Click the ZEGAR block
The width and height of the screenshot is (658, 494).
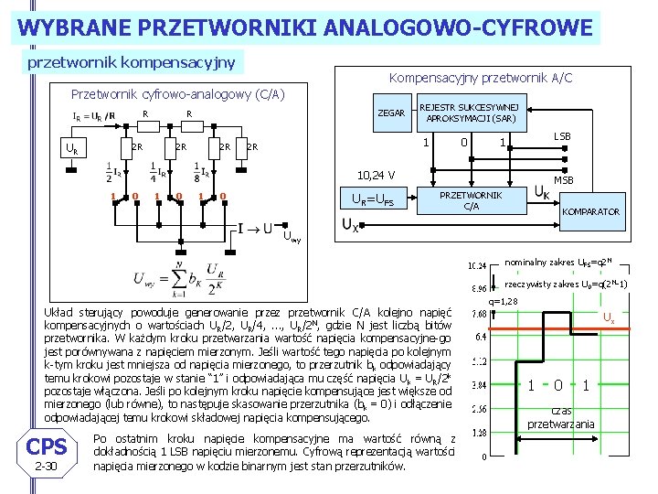click(391, 113)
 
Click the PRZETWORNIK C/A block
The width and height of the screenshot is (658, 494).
click(471, 200)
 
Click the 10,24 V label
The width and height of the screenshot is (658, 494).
click(376, 174)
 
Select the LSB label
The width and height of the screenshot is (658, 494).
click(562, 136)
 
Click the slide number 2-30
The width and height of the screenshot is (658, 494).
click(46, 467)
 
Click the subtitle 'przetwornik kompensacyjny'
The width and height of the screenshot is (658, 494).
click(132, 63)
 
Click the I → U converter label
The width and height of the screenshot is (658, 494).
click(256, 228)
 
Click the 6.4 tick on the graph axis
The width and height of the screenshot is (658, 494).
click(479, 336)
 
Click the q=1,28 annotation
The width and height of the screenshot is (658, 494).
click(504, 301)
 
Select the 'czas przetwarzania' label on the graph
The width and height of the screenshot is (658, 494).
click(560, 417)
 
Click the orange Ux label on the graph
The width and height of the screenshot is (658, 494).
click(607, 317)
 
